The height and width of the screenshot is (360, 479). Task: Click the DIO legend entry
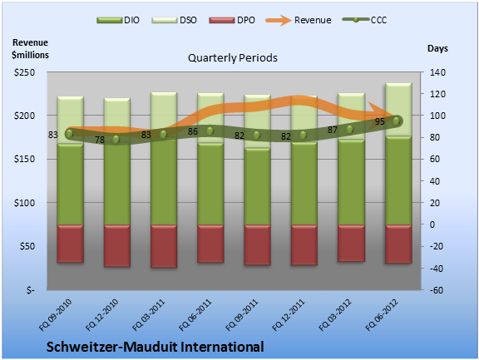coord(118,20)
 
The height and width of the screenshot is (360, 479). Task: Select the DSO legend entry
coord(174,20)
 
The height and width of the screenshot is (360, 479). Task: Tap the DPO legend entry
coord(232,20)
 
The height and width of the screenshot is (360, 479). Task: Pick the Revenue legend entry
coord(299,20)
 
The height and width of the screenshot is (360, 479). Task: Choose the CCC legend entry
coord(365,20)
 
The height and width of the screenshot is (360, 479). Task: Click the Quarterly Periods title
coord(233,57)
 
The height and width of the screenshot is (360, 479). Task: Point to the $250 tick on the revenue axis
coord(24,72)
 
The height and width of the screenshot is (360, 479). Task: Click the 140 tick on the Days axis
coord(437,72)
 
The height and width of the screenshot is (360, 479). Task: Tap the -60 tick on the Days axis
coord(437,290)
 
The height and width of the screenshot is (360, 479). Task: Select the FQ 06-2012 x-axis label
coord(382,315)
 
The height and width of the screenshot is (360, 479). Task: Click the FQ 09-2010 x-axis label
coord(55,315)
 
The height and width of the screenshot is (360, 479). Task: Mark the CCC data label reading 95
coord(380,121)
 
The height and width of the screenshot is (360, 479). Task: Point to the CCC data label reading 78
coord(100,140)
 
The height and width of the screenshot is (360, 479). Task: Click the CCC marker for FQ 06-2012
coord(396,121)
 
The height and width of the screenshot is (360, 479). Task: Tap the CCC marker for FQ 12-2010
coord(116,140)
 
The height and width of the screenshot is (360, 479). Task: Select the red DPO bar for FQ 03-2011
coord(164,246)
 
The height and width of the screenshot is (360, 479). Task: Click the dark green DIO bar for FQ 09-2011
coord(257,186)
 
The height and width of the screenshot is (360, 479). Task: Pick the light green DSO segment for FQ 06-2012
coord(398,109)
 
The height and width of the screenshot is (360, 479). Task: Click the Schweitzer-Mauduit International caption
coord(156,347)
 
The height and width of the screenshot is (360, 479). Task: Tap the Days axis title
coord(437,48)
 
